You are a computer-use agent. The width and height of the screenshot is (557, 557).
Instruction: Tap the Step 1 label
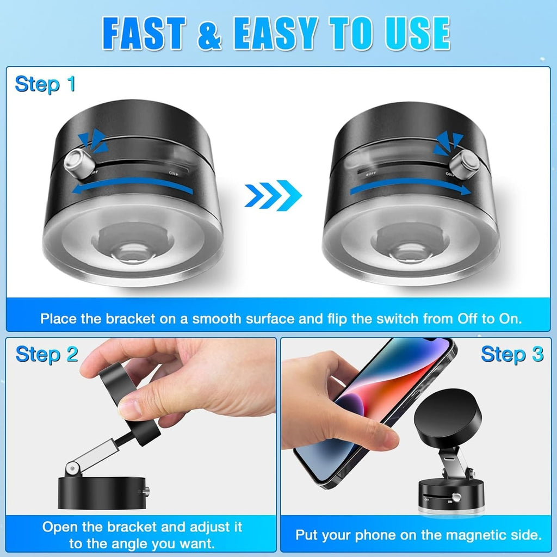pos(45,84)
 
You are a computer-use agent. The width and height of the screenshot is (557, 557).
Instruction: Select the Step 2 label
pos(47,354)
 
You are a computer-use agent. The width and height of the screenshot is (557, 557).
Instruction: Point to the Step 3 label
pos(512,354)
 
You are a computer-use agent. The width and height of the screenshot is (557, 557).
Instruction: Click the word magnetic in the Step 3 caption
pos(444,535)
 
